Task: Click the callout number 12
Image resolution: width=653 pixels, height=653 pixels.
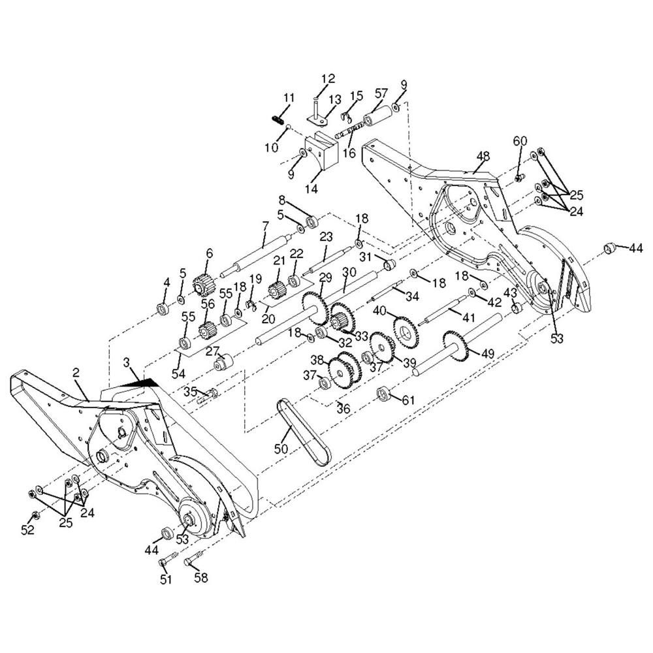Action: (x=328, y=79)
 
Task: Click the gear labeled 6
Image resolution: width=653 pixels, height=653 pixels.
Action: (x=204, y=285)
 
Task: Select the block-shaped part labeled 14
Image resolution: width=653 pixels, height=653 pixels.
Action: (x=320, y=151)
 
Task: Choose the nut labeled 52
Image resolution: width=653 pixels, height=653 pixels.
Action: (x=35, y=513)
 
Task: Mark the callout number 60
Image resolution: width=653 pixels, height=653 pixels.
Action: (x=520, y=141)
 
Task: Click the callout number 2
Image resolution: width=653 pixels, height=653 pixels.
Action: (x=76, y=373)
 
